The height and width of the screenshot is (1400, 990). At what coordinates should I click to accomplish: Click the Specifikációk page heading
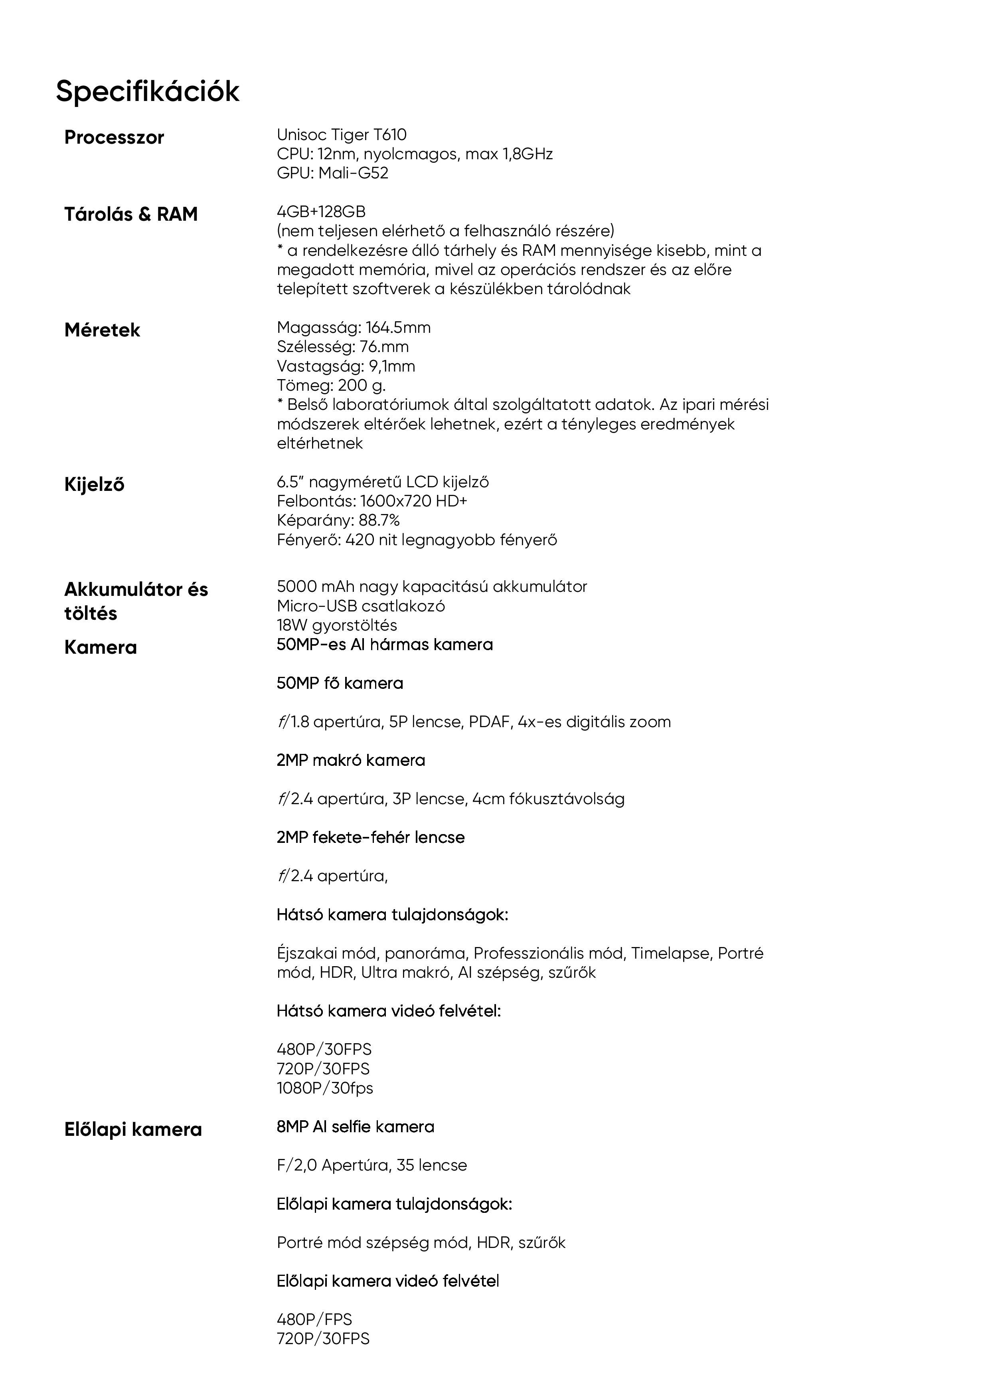click(148, 91)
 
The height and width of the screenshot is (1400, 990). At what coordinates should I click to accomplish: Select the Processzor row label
click(114, 137)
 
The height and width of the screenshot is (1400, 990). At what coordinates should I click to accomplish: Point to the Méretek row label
click(103, 330)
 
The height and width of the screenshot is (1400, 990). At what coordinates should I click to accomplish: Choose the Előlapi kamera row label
click(133, 1129)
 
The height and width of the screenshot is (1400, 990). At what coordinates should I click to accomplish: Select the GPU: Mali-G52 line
click(332, 173)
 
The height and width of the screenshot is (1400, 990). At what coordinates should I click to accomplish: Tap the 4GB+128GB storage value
click(321, 212)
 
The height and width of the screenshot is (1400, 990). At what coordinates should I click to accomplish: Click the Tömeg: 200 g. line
click(331, 386)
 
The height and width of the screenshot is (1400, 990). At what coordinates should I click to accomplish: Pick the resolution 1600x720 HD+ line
click(372, 501)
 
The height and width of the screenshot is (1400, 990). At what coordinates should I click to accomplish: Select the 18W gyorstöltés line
click(337, 625)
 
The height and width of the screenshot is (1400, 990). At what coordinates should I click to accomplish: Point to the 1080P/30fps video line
click(325, 1088)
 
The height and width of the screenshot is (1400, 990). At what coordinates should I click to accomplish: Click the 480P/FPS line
click(314, 1319)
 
